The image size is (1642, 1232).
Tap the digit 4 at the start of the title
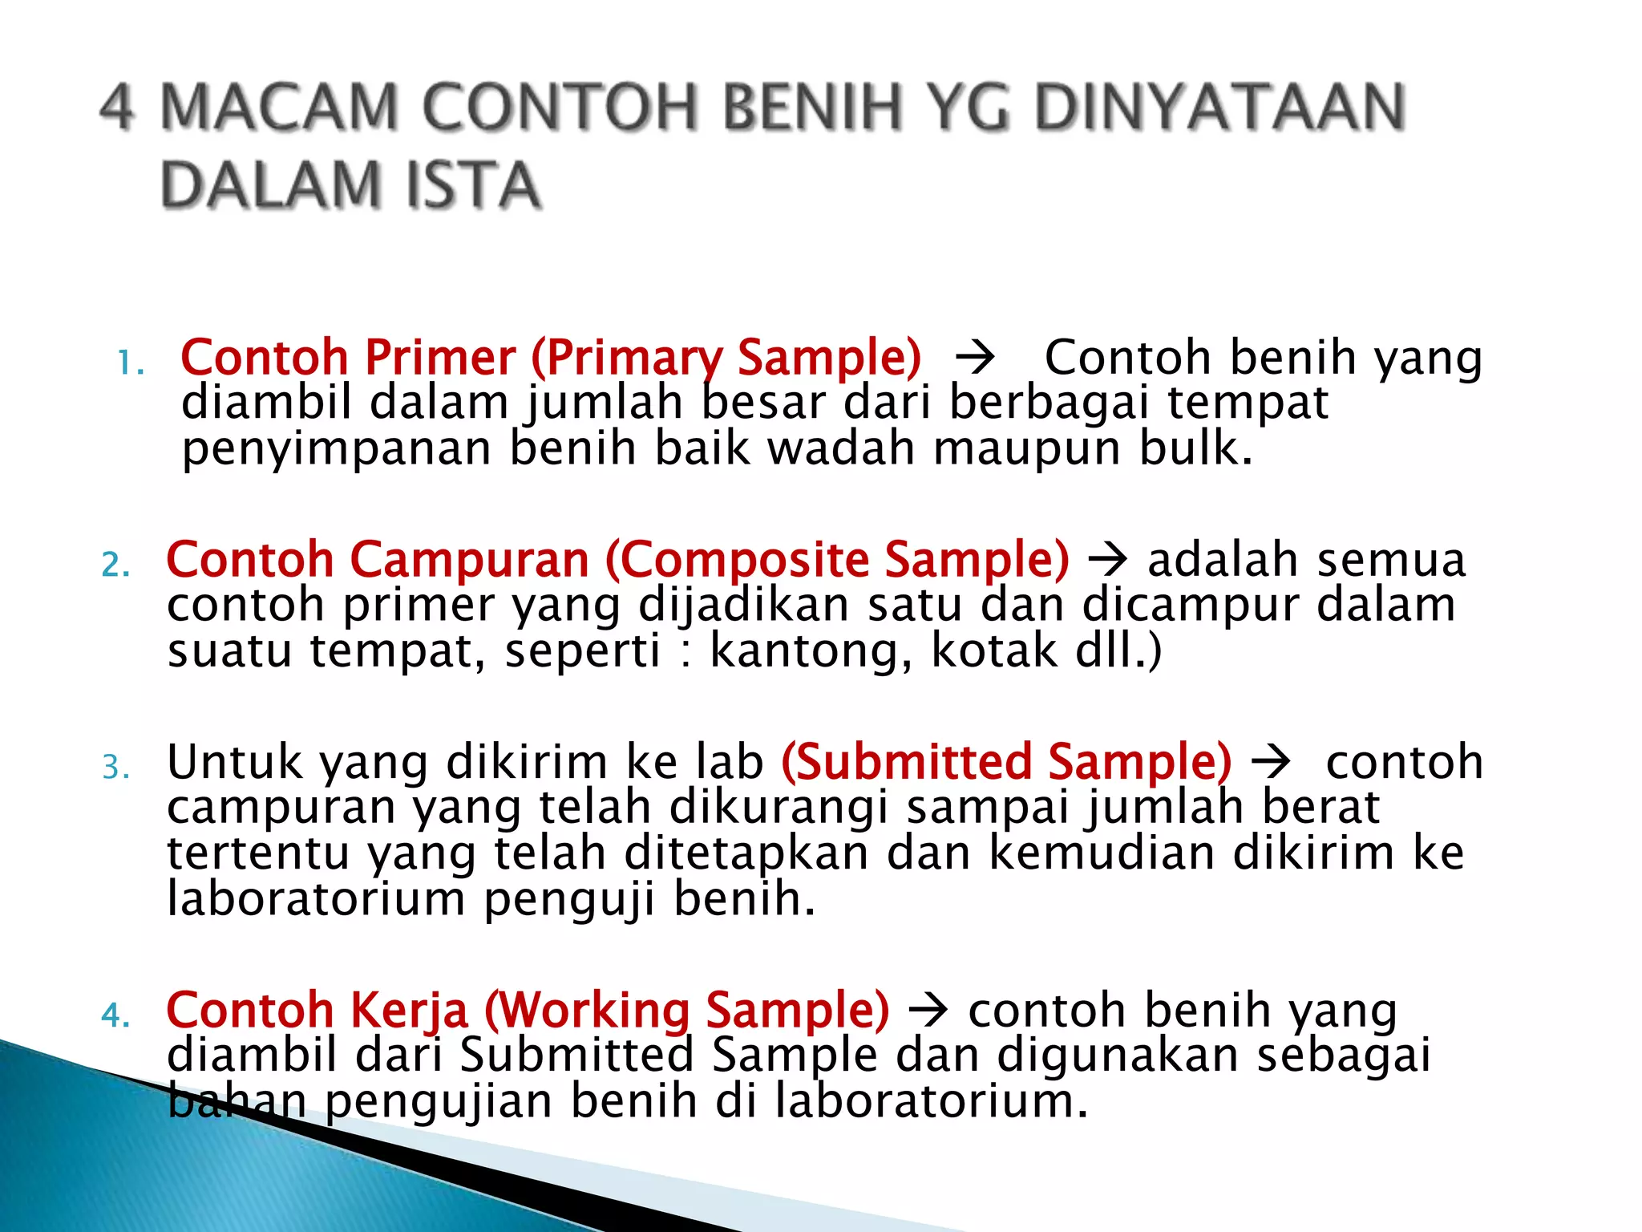coord(117,108)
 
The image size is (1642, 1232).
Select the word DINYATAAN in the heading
coord(1219,108)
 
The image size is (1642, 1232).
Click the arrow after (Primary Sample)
coord(975,358)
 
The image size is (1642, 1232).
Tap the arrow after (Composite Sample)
coord(1108,560)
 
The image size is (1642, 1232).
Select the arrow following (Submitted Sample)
coord(1271,761)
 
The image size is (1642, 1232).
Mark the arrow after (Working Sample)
coord(928,1010)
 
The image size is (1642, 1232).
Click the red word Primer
coord(440,358)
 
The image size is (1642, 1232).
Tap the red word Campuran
coord(470,560)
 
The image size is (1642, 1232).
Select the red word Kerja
coord(409,1010)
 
